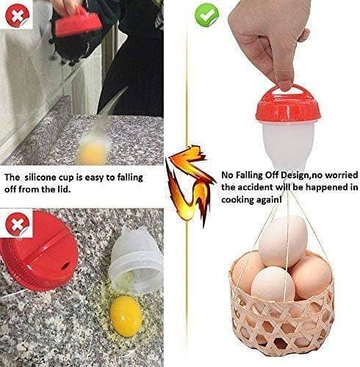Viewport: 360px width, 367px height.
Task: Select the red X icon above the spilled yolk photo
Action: [16, 219]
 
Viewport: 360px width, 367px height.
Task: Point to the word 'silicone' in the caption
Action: [57, 178]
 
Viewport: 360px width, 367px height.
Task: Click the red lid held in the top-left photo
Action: [76, 21]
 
